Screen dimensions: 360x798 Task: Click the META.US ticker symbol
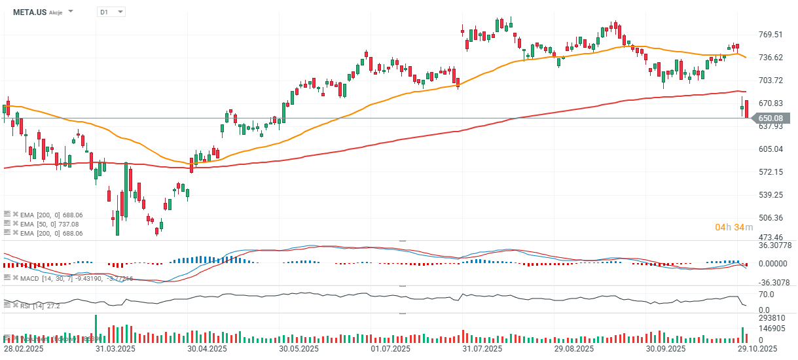(x=30, y=12)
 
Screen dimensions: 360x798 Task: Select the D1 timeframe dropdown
(x=111, y=12)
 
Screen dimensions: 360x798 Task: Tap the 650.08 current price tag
(x=771, y=118)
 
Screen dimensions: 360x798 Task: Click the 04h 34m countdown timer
(x=734, y=227)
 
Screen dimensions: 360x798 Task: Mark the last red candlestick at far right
(x=746, y=109)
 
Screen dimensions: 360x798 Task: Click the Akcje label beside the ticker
(x=56, y=12)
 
